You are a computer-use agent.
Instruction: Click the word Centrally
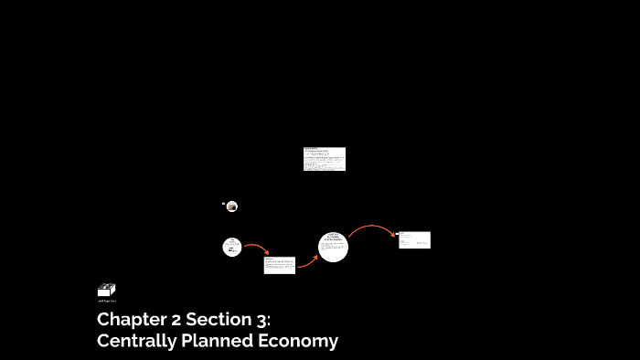(x=135, y=341)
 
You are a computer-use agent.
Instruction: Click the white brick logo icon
(x=106, y=290)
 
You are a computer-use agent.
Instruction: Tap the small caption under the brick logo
(x=107, y=300)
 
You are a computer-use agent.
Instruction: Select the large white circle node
(x=334, y=247)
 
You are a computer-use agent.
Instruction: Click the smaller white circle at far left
(x=232, y=247)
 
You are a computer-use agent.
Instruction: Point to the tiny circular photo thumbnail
(x=232, y=206)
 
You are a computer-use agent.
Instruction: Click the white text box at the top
(x=325, y=159)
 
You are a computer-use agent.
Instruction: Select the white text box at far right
(x=414, y=239)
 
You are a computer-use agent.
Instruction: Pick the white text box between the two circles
(x=280, y=265)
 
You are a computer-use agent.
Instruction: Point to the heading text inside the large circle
(x=333, y=237)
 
